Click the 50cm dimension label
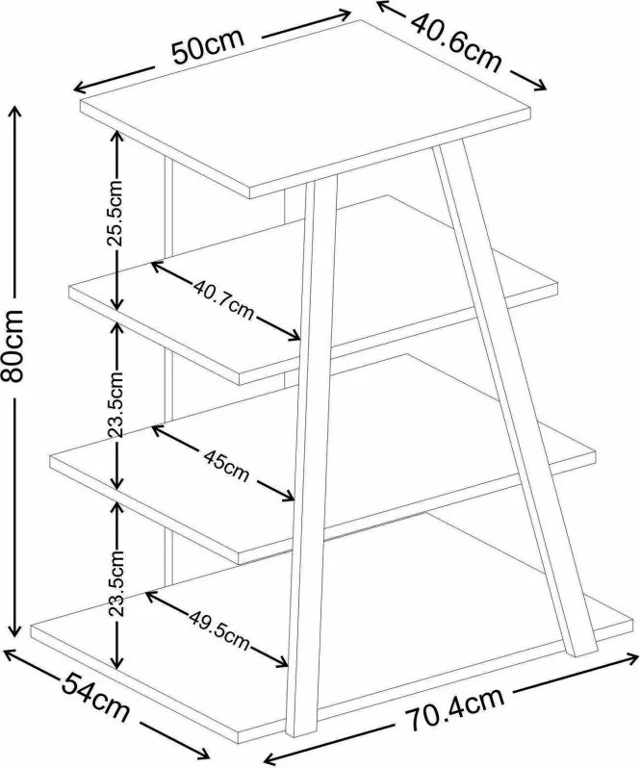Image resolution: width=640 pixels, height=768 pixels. [x=208, y=46]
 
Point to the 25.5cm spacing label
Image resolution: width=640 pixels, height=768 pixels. [x=116, y=213]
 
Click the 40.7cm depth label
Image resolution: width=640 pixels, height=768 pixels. [x=223, y=299]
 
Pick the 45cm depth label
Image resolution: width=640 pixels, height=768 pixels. [x=226, y=466]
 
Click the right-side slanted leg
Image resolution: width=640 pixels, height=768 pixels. [x=514, y=397]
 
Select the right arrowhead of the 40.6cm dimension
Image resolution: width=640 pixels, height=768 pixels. [x=540, y=86]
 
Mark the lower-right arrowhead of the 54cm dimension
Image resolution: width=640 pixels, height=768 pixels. [x=205, y=754]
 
